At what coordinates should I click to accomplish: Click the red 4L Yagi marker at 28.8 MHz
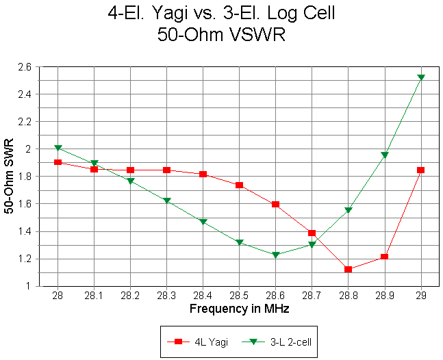[348, 269]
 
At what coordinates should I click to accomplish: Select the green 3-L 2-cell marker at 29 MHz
[420, 77]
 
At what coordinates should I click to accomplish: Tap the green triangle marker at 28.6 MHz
[275, 255]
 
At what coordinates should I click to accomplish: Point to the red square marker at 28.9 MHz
[384, 257]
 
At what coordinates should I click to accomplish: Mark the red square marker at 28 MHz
[58, 162]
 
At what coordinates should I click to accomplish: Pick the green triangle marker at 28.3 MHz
[166, 201]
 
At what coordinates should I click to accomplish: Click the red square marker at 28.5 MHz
[239, 185]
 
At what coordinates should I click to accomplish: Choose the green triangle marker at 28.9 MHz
[384, 155]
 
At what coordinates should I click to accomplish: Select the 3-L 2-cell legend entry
[278, 341]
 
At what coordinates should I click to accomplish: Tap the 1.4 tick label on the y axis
[25, 231]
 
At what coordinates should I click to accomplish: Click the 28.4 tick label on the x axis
[203, 295]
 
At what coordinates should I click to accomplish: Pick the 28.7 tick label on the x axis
[312, 295]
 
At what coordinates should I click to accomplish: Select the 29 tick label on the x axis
[420, 295]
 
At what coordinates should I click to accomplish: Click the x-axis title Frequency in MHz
[239, 309]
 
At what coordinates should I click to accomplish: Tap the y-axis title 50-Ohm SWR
[9, 177]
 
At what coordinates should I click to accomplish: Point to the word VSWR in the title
[256, 36]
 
